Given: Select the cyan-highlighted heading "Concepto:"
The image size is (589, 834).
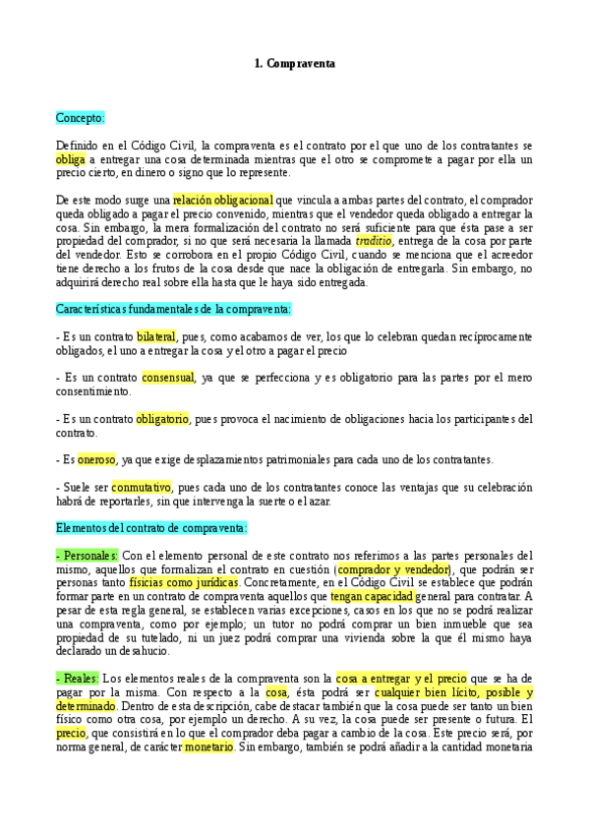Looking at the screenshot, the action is [x=81, y=117].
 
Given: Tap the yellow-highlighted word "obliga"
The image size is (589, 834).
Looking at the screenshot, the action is [x=71, y=159].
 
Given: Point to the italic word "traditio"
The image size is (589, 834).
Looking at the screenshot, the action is [x=374, y=240].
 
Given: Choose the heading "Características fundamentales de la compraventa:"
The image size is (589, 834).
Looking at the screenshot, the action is [x=173, y=309].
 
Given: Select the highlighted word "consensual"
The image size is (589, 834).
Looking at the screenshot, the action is [x=168, y=378].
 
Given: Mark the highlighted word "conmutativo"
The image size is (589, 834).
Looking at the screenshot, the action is [x=142, y=487].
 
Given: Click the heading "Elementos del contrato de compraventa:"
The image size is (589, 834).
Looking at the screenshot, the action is [x=151, y=527].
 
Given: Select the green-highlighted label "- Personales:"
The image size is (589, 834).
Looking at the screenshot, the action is [x=88, y=555].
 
